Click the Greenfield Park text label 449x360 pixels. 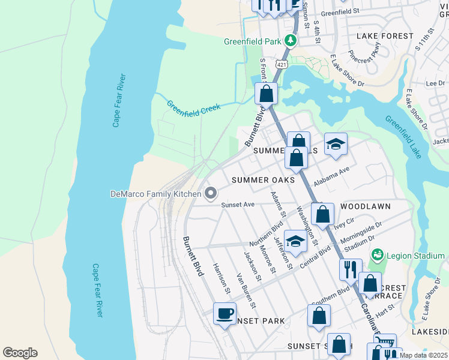click(252, 41)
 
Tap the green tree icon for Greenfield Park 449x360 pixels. click(291, 41)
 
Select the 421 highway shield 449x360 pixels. click(282, 63)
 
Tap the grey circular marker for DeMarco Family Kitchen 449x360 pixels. click(211, 193)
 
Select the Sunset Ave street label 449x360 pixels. click(238, 205)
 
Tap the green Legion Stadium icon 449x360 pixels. click(377, 254)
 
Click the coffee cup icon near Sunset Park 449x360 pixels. click(225, 314)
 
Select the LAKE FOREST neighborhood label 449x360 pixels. click(385, 36)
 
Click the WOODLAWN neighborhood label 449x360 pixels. click(365, 206)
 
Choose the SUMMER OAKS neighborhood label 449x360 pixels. click(263, 180)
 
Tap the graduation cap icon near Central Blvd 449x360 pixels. click(295, 241)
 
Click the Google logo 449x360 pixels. click(20, 352)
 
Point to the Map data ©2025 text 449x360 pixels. click(424, 355)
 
